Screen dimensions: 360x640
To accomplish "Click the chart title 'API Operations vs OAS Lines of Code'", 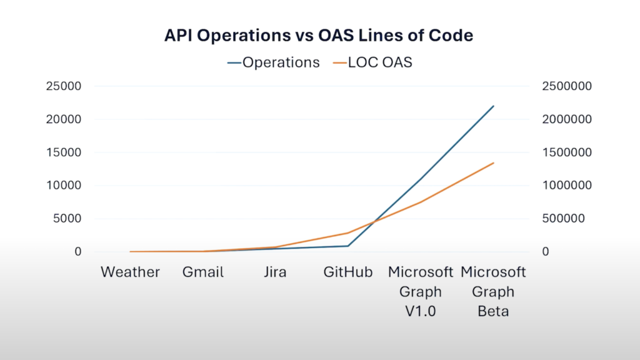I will [x=319, y=36].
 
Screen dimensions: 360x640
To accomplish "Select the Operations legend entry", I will [x=273, y=62].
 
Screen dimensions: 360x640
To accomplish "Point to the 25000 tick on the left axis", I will [x=64, y=86].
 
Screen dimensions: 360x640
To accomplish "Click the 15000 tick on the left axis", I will [x=64, y=152].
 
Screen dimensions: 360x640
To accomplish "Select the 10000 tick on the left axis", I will [x=64, y=186].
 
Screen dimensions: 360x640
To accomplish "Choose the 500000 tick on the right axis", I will [x=562, y=219].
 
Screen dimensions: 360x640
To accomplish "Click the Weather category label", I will [x=130, y=272].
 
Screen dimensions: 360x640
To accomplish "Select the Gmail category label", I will [x=202, y=272].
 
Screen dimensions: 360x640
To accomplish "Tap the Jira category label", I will [x=275, y=272].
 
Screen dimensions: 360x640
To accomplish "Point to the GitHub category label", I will [x=348, y=272].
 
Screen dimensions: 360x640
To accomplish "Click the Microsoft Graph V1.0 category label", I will [x=421, y=291].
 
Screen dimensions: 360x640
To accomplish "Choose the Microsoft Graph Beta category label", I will [x=493, y=291].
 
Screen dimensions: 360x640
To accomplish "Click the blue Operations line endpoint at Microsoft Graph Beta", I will [x=494, y=106].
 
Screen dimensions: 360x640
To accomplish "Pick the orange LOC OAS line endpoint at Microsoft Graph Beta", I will [x=494, y=163].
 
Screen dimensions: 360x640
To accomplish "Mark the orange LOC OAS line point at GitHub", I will [x=348, y=232].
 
